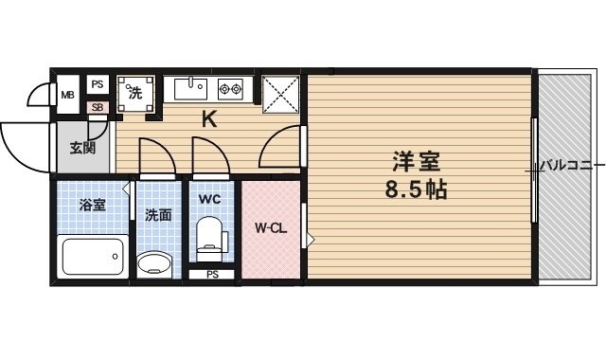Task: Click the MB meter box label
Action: (68, 95)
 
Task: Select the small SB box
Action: (97, 108)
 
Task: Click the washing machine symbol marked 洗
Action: (135, 94)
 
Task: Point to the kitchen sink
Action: (190, 89)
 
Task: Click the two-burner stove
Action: (231, 90)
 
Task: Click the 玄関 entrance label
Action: (82, 147)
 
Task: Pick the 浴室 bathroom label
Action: (91, 205)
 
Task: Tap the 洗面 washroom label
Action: (158, 215)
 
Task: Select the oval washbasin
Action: (155, 261)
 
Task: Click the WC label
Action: (210, 199)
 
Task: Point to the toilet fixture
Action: (211, 239)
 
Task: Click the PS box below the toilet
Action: (212, 276)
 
